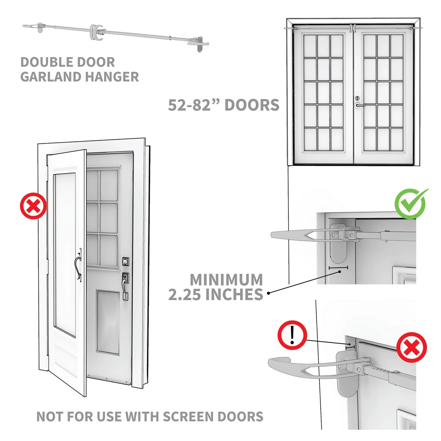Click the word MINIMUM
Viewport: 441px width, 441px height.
[x=226, y=279]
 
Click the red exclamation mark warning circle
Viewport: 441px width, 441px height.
[x=292, y=335]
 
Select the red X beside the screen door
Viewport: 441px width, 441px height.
[x=33, y=206]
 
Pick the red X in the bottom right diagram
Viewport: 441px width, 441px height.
[x=411, y=347]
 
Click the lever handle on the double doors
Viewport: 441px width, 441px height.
[x=359, y=105]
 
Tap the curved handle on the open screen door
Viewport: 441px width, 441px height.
[x=78, y=265]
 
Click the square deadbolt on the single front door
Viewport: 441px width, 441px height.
[x=126, y=261]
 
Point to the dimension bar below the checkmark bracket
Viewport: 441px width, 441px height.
[x=338, y=267]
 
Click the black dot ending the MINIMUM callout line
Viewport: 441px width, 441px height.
[x=269, y=293]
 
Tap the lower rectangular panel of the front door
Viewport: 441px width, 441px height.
[x=108, y=322]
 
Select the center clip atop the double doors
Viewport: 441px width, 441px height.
[x=353, y=28]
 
